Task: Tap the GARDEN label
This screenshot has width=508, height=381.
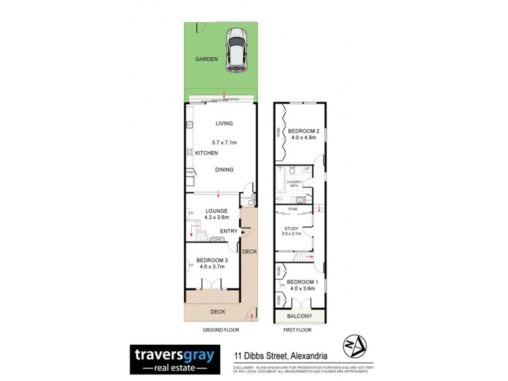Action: pos(206,59)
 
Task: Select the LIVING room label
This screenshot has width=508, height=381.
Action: pos(224,123)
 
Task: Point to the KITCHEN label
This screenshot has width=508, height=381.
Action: pos(206,153)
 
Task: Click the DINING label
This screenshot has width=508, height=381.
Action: pos(224,170)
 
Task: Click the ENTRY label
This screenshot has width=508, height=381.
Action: pos(228,231)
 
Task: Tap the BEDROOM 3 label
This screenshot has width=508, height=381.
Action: pos(212,260)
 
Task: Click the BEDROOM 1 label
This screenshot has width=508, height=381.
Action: pos(302,282)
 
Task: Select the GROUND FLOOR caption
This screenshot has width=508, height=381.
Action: pos(220,330)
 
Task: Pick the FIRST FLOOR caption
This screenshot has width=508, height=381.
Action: pos(300,330)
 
